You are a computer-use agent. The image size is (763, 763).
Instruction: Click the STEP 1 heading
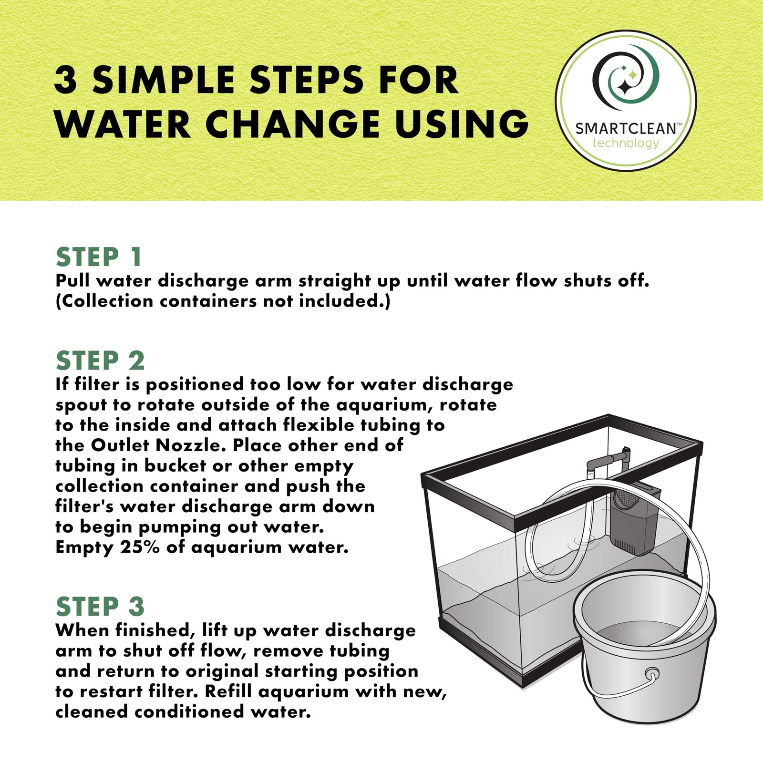tap(99, 257)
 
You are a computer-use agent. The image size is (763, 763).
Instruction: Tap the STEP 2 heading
tap(100, 361)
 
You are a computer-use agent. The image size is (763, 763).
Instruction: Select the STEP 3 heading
tap(100, 607)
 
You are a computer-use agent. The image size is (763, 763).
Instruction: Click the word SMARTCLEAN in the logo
tap(626, 129)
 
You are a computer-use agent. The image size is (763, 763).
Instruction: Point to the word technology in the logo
tap(626, 143)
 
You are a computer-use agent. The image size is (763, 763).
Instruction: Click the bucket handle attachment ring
tap(651, 674)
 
